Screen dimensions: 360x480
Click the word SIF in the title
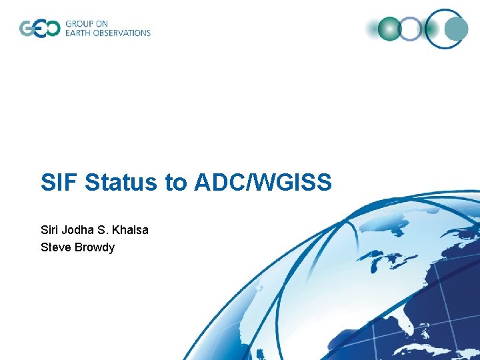coord(59,183)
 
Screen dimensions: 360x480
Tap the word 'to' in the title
coord(177,183)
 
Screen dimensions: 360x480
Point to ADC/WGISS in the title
coord(263,183)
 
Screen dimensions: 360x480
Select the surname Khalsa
coord(131,230)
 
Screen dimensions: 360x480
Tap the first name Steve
coord(55,247)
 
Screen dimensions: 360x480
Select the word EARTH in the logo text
coord(79,33)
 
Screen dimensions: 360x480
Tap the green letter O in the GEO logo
coord(51,29)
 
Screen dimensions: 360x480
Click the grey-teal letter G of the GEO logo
coord(26,29)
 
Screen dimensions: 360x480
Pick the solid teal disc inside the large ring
coord(457,29)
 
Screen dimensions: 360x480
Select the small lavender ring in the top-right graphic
coord(411,29)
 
